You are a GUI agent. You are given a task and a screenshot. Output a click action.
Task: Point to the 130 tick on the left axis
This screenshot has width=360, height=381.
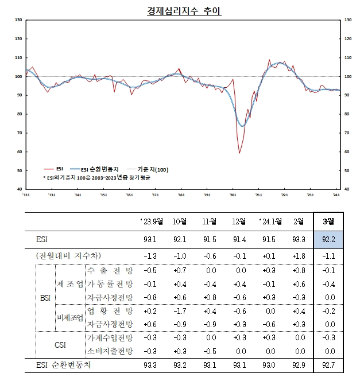point(19,20)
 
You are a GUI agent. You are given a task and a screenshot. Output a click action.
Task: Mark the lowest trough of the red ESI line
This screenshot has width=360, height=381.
point(239,153)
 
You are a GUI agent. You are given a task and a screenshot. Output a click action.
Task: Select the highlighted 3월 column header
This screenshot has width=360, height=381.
point(329,221)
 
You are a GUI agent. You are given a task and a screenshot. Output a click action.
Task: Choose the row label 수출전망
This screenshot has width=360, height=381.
point(109,270)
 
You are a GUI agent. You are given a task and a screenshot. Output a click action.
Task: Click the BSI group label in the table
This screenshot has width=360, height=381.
point(45,298)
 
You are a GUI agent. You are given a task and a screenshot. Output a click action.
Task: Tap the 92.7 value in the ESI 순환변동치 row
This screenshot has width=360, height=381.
point(329,364)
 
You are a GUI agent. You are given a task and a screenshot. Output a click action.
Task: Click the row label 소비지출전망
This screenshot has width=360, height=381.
point(109,351)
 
